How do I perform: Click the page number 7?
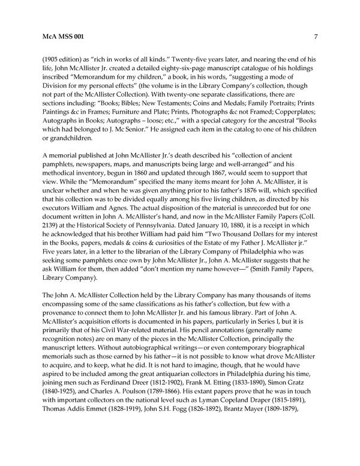tap(316, 37)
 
